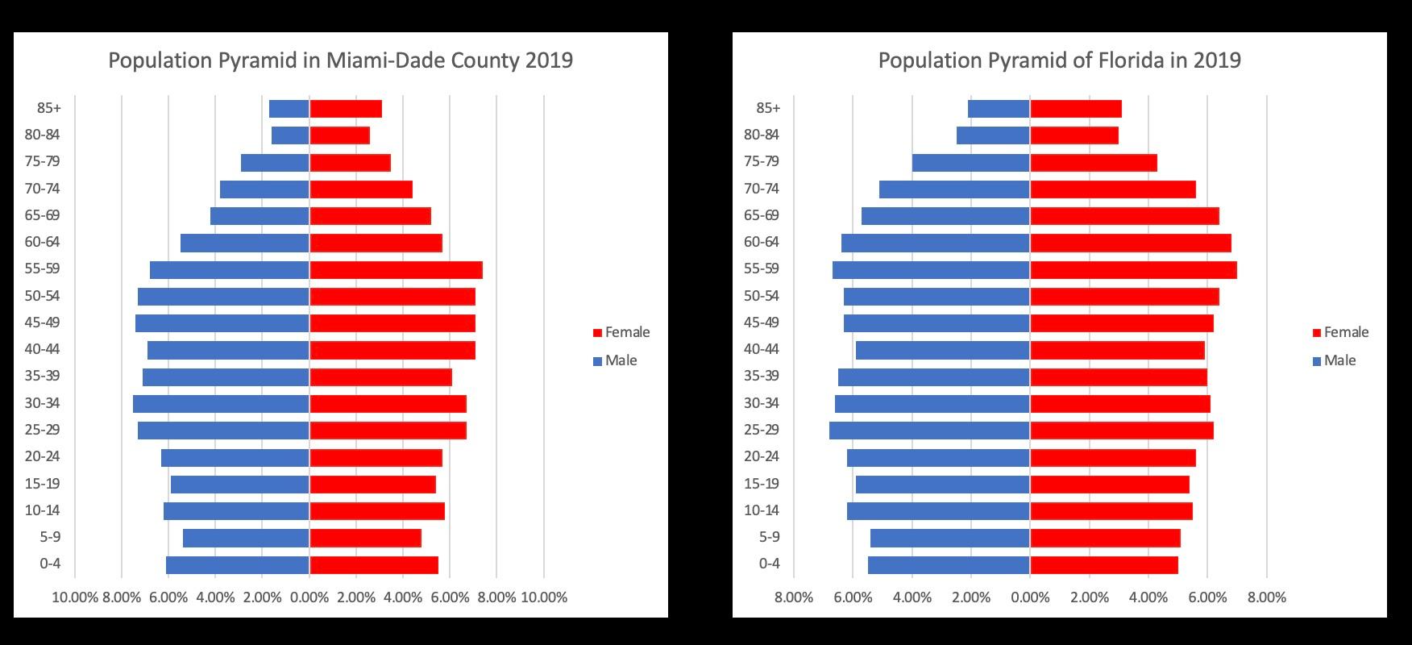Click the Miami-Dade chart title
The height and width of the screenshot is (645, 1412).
tap(340, 60)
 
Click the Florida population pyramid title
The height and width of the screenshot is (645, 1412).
tap(1059, 60)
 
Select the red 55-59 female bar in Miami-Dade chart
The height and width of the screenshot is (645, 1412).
tap(396, 270)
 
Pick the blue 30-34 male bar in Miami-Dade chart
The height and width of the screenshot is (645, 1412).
tap(221, 404)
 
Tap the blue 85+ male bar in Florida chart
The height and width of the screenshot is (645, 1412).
tap(999, 109)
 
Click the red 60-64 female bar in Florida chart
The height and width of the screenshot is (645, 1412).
tap(1130, 243)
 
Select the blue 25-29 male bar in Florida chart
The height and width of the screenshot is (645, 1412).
tap(929, 431)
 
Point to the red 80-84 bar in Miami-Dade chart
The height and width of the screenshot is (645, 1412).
tap(339, 135)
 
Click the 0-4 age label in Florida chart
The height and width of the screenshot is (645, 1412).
tap(769, 563)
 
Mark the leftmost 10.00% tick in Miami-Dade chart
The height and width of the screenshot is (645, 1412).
tap(75, 597)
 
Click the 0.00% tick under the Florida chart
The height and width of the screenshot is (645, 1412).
tap(1030, 597)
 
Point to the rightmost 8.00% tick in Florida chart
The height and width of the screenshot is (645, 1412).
tap(1266, 597)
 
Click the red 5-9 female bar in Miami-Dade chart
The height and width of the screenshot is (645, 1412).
tap(365, 538)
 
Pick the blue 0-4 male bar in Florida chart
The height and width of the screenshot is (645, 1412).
tap(949, 564)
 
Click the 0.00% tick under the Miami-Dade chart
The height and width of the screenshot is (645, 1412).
tap(309, 597)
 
